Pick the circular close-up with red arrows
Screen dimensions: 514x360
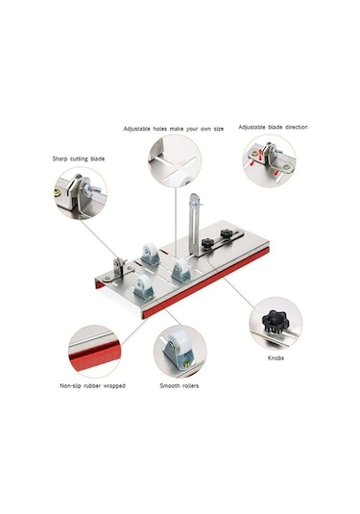[268, 160]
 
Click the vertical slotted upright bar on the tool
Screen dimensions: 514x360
[195, 225]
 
